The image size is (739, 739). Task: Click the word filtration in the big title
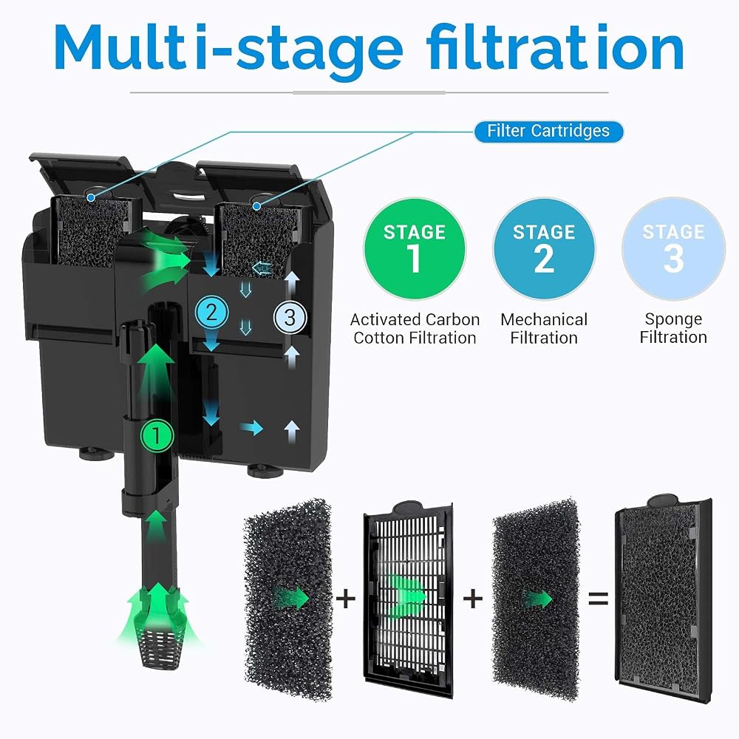[555, 47]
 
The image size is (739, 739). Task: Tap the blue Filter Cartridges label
[548, 131]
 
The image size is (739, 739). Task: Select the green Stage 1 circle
[415, 249]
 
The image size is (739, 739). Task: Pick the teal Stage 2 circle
[544, 249]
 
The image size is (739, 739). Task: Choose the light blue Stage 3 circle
[673, 249]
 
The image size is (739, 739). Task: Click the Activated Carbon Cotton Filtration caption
[415, 329]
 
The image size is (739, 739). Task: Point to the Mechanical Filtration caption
[544, 329]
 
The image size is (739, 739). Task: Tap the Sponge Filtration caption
[673, 328]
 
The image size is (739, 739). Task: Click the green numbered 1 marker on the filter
[157, 435]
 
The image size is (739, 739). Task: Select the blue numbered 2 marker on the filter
[211, 313]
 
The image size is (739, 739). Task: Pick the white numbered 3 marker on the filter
[290, 317]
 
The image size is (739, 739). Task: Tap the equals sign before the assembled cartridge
[599, 599]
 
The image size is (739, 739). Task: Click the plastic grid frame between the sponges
[408, 599]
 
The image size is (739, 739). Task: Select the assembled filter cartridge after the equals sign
[664, 599]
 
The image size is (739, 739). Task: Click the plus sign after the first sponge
[346, 599]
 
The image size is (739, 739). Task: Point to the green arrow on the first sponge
[292, 599]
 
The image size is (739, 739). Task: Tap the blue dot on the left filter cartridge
[91, 198]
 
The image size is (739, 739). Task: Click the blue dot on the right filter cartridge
[257, 206]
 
